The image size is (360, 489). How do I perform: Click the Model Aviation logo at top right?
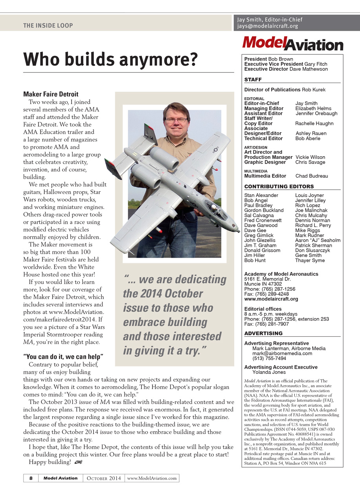tap(292, 43)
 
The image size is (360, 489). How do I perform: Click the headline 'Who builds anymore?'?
tap(110, 60)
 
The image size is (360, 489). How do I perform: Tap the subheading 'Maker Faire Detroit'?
tap(51, 94)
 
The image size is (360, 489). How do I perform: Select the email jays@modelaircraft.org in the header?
tap(268, 26)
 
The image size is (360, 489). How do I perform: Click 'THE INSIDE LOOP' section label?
tap(48, 26)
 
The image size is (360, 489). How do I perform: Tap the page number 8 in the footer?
tap(31, 478)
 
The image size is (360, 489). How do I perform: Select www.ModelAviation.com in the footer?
tap(152, 478)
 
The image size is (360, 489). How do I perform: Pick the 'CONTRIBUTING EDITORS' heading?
tap(279, 186)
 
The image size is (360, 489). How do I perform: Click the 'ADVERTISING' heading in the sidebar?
tap(263, 333)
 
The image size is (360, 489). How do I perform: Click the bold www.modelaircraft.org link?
tap(271, 299)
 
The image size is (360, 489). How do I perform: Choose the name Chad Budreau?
tap(311, 176)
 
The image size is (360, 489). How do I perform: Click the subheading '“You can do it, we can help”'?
tap(63, 357)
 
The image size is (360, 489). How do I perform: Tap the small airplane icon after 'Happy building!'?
tap(79, 462)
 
